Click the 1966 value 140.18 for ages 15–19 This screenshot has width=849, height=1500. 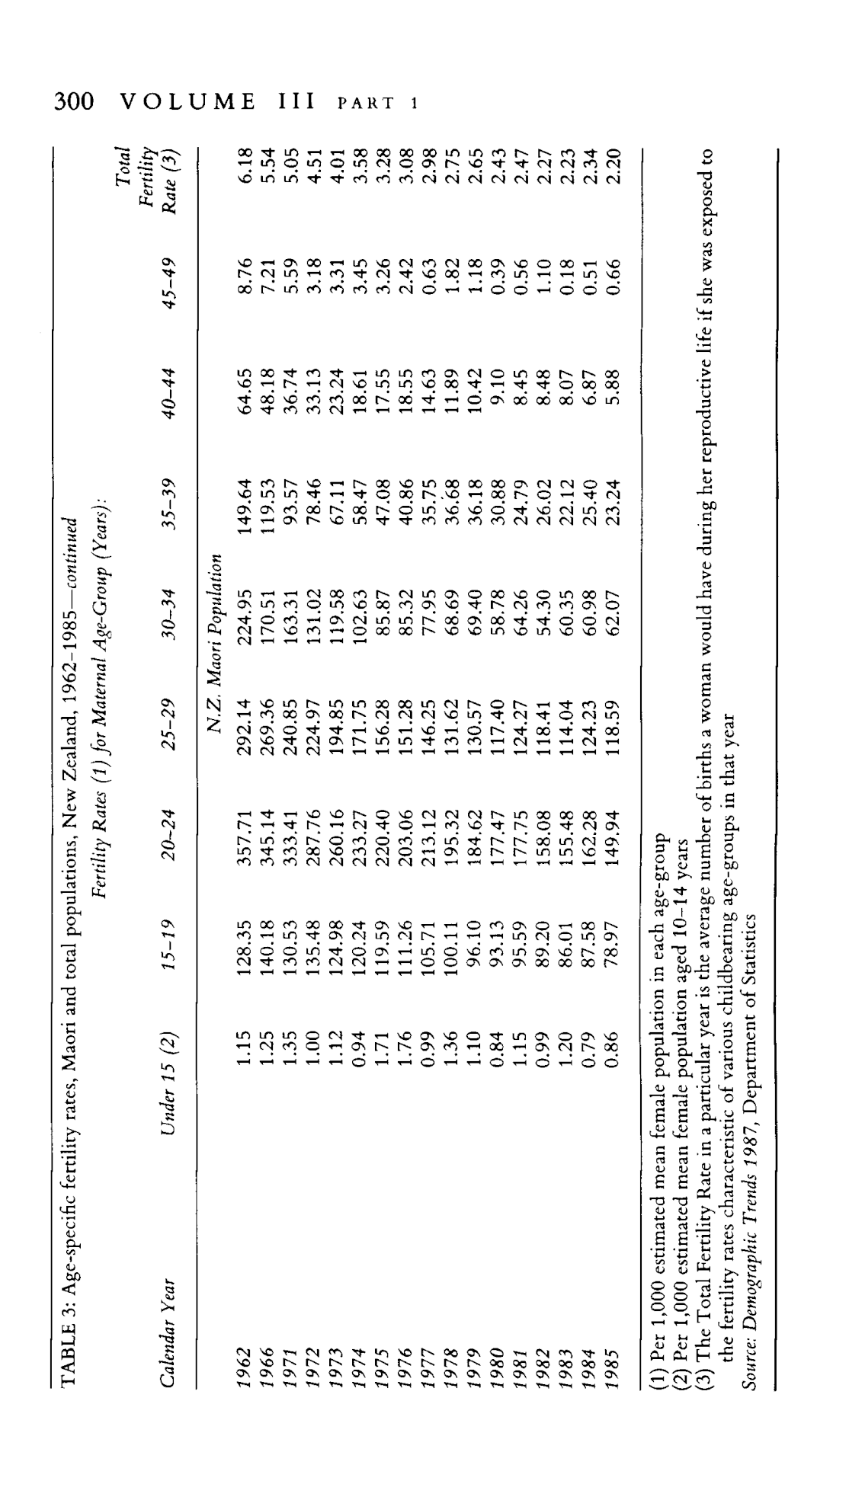coord(267,937)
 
